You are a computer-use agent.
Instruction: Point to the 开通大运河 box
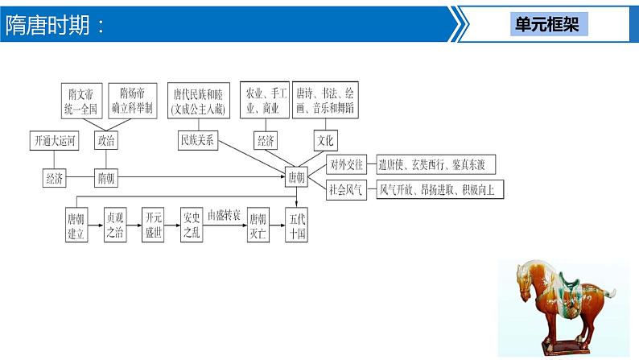click(x=56, y=140)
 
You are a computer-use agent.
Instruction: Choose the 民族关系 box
click(x=197, y=140)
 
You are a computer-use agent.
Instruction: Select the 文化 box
click(x=325, y=140)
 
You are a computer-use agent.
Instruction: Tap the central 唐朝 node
click(x=296, y=177)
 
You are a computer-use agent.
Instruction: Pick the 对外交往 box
click(x=347, y=165)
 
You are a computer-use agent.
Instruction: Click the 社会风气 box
click(x=347, y=191)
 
